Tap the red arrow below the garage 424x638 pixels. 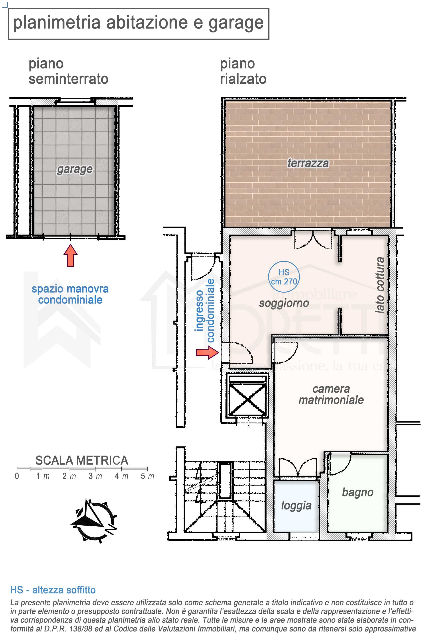coord(71,255)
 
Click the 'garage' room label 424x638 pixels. coord(75,169)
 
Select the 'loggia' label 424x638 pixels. coord(296,505)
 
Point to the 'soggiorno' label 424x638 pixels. coord(284,303)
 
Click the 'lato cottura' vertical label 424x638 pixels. coord(380,285)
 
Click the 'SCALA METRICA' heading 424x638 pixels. coord(82,461)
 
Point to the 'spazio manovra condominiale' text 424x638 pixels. coord(70,294)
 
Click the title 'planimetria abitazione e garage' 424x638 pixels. coord(138,23)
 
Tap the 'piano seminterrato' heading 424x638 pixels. coord(68,71)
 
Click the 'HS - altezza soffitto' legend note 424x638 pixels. coord(53,590)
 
